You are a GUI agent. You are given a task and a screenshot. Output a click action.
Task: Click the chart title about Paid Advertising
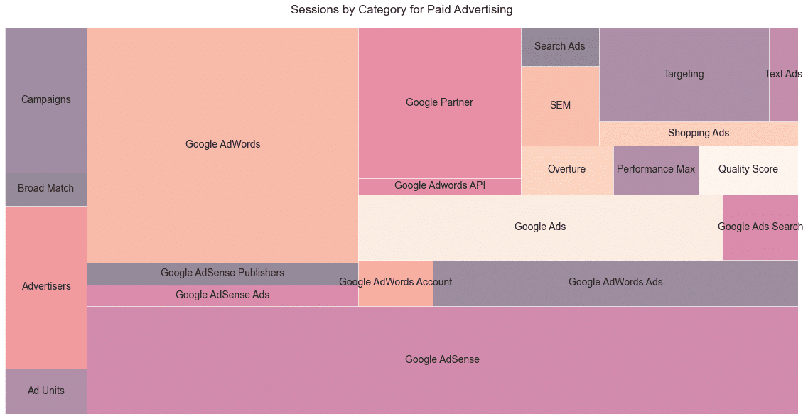(402, 10)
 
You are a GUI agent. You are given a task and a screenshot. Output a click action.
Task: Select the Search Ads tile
(560, 47)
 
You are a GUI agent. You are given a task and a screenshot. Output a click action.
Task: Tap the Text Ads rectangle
(783, 75)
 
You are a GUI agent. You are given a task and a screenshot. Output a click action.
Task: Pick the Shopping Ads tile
(698, 134)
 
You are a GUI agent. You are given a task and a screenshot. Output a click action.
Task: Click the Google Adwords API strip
(439, 186)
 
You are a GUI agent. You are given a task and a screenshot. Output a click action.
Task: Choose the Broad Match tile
(46, 189)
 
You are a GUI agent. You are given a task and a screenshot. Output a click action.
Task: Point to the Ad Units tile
(46, 391)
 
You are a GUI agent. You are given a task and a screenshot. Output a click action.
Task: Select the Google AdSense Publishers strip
(222, 273)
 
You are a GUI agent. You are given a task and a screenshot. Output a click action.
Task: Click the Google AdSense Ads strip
(222, 295)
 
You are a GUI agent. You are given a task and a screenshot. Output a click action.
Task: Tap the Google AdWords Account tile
(396, 283)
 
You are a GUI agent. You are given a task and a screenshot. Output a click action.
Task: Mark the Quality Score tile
(748, 170)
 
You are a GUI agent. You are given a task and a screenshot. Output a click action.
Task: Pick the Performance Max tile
(656, 170)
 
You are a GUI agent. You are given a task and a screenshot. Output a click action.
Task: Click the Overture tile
(567, 170)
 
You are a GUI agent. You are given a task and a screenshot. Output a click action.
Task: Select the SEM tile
(560, 106)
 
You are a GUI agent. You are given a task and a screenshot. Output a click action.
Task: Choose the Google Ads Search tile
(760, 227)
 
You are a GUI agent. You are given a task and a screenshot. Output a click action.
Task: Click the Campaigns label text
(46, 100)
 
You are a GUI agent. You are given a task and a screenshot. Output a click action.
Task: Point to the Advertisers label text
(46, 287)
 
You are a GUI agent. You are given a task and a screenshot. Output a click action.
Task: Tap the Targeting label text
(684, 75)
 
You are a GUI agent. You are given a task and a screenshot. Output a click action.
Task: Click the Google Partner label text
(439, 103)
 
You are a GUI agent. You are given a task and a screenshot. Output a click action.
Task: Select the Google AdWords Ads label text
(615, 283)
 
